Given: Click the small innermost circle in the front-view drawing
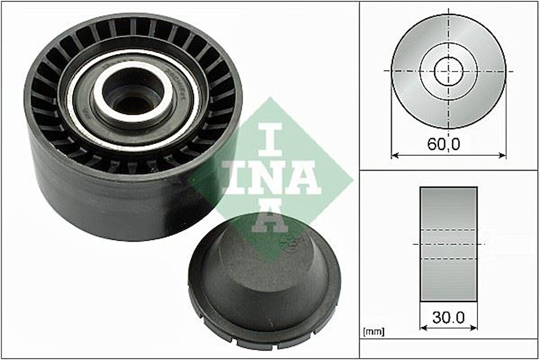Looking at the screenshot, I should click(449, 71).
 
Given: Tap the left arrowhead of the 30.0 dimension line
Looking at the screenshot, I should click(423, 327).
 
